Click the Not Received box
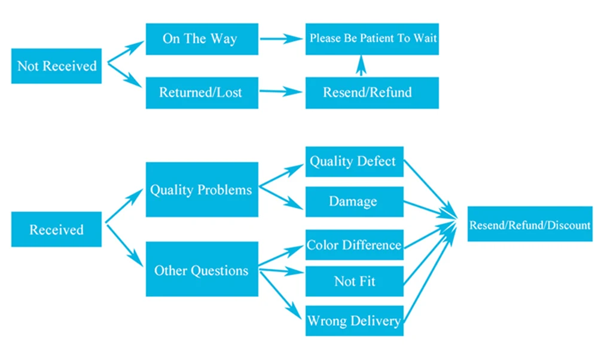pos(56,66)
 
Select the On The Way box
pos(202,39)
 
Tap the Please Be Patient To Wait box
pos(372,39)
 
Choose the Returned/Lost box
pos(202,93)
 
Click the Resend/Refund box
pos(372,93)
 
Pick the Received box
pos(56,229)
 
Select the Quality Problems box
pos(202,190)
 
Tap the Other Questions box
pos(202,269)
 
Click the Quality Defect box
pos(354,161)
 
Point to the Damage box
pos(354,202)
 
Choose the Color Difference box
pos(354,245)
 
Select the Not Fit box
pos(354,281)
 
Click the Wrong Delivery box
pos(354,321)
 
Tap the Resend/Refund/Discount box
pos(530,224)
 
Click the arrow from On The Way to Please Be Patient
pos(282,38)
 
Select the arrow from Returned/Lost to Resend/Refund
pos(281,91)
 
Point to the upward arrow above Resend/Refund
pos(361,66)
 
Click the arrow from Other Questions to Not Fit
pos(282,271)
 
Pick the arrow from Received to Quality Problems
pos(124,206)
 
